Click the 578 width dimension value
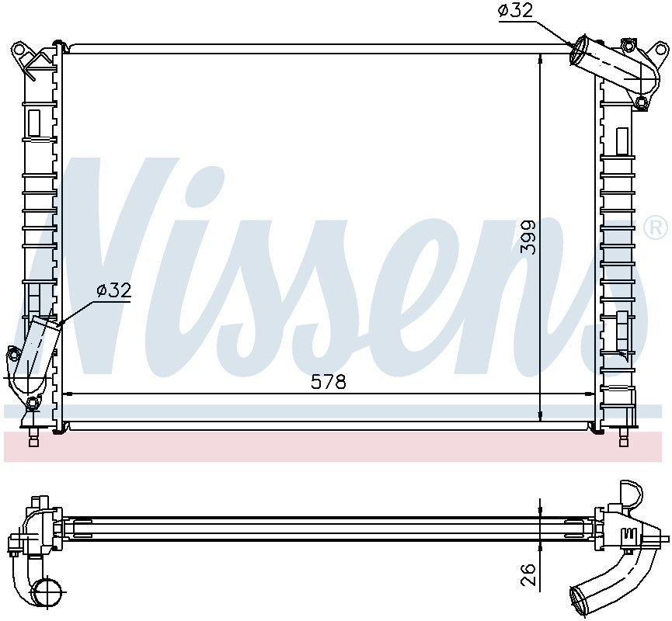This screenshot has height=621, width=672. click(x=329, y=382)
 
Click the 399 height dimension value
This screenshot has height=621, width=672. click(x=528, y=238)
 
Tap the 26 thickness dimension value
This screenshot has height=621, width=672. click(x=528, y=574)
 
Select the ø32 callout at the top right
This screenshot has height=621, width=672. click(x=516, y=11)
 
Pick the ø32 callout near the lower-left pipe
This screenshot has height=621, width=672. click(x=113, y=291)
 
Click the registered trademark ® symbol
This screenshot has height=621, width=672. click(x=656, y=228)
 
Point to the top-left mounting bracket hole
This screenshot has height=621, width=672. click(x=19, y=48)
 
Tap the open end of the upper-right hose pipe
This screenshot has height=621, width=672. click(x=578, y=50)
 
